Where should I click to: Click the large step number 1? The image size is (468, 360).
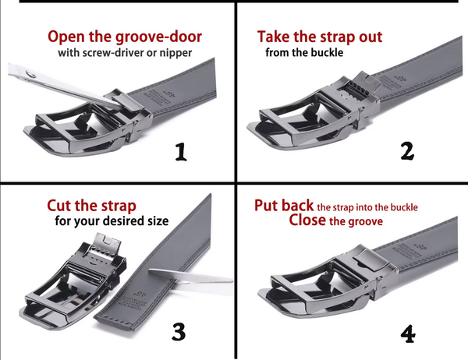pos(181,152)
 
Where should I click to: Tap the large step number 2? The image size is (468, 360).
pos(407,151)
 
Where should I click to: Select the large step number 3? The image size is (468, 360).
pos(179,331)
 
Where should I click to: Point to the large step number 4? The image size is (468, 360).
pos(408,334)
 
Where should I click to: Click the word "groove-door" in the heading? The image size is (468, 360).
pos(158,37)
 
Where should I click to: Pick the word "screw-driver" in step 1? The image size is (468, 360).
pos(111,53)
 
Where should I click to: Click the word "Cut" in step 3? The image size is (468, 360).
pos(59,206)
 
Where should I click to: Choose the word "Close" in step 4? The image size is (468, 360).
pos(307,220)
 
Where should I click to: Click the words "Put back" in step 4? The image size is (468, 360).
pos(284,206)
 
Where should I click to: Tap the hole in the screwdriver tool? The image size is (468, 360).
pos(30,74)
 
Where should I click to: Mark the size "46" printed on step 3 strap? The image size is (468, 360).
pos(140,294)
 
